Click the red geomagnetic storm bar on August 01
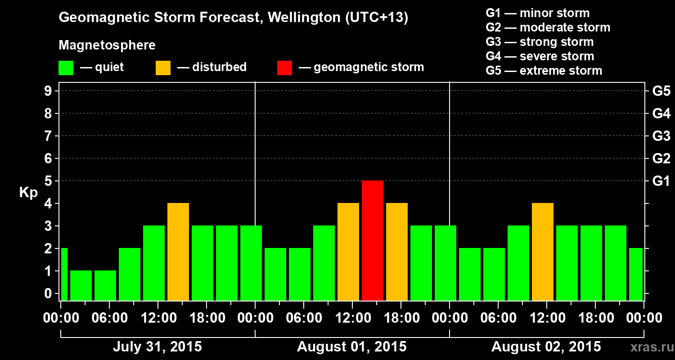click(373, 240)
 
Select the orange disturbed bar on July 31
click(178, 252)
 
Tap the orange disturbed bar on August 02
click(543, 252)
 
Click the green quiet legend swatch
click(66, 68)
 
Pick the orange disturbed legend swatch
click(163, 68)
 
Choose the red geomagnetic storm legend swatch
click(284, 68)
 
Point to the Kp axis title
click(28, 193)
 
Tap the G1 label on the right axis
click(661, 181)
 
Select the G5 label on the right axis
click(661, 91)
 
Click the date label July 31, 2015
click(157, 347)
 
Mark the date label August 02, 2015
click(546, 347)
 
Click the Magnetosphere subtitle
click(107, 45)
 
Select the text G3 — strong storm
click(540, 42)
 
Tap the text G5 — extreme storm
click(544, 71)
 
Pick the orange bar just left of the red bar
click(348, 252)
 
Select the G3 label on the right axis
click(661, 136)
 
